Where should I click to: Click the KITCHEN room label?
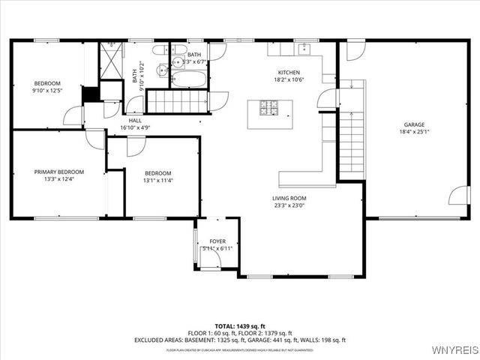pyautogui.click(x=289, y=73)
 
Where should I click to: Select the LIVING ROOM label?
pyautogui.click(x=289, y=198)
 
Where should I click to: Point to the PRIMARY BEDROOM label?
pyautogui.click(x=59, y=172)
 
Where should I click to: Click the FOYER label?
pyautogui.click(x=217, y=241)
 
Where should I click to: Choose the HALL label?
pyautogui.click(x=135, y=120)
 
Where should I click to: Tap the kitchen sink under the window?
pyautogui.click(x=304, y=49)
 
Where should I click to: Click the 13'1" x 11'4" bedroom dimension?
pyautogui.click(x=158, y=180)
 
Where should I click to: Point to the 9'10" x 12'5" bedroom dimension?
pyautogui.click(x=46, y=91)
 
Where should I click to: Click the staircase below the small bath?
pyautogui.click(x=177, y=100)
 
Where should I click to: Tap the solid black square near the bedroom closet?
pyautogui.click(x=90, y=94)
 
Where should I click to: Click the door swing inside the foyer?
pyautogui.click(x=211, y=258)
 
